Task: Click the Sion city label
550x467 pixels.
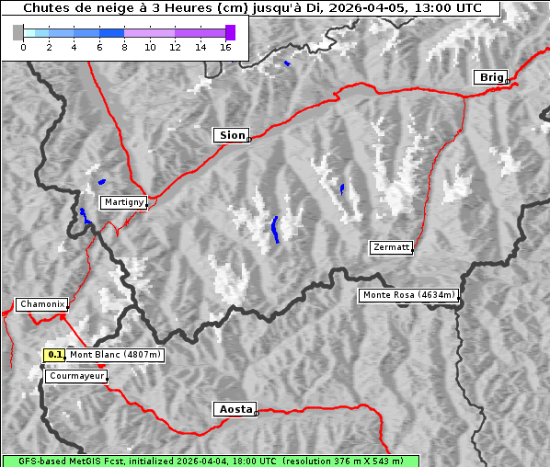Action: click(x=232, y=135)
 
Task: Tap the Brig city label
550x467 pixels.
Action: click(x=489, y=77)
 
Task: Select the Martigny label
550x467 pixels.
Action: click(x=122, y=202)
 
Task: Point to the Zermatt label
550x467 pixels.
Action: click(x=391, y=247)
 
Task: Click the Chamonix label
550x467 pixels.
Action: click(x=40, y=304)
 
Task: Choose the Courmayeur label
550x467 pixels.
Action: click(x=75, y=376)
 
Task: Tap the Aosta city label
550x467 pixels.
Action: click(x=234, y=409)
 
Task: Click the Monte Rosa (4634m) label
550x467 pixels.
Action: click(x=408, y=295)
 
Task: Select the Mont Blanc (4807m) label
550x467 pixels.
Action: click(x=115, y=355)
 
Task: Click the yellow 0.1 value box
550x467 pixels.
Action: click(x=55, y=355)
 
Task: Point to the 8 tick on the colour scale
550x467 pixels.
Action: click(x=124, y=47)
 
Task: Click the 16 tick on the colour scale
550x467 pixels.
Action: click(x=225, y=47)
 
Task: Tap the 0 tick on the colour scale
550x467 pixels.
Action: click(x=23, y=47)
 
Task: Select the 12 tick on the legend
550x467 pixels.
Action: click(x=175, y=47)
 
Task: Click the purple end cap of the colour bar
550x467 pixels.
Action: click(x=230, y=32)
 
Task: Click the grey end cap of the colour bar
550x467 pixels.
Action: click(x=17, y=32)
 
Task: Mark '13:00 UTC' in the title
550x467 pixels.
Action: click(x=444, y=8)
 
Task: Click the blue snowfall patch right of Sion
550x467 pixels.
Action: click(x=342, y=188)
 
